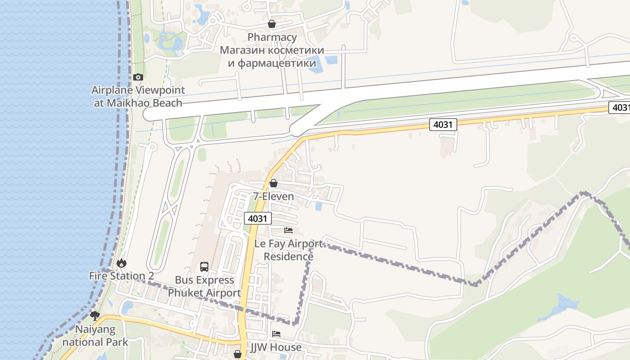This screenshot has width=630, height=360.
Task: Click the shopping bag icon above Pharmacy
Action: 271,24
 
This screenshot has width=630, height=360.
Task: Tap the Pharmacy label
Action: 272,37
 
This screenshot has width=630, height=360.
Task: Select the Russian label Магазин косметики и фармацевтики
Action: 272,56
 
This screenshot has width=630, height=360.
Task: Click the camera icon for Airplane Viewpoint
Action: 138,77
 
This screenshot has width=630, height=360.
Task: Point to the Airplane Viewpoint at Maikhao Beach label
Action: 137,96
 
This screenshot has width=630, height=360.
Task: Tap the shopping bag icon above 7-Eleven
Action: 273,183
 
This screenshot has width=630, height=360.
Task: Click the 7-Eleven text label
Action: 273,197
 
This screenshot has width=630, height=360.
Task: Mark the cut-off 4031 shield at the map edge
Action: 620,108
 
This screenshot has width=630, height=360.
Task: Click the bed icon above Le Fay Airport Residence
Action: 288,230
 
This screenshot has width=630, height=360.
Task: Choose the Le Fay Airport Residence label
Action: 288,250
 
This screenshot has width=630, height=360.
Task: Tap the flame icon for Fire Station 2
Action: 121,263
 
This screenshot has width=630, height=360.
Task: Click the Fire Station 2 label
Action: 121,276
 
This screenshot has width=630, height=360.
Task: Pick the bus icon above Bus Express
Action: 204,266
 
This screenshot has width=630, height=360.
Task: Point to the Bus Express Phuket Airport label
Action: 204,287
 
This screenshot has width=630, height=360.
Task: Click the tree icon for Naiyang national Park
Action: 94,315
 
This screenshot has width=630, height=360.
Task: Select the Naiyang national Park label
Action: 95,336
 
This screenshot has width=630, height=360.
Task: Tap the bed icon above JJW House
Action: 276,334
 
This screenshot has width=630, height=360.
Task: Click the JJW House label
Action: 276,347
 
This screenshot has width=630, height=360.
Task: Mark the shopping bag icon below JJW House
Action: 238,355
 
